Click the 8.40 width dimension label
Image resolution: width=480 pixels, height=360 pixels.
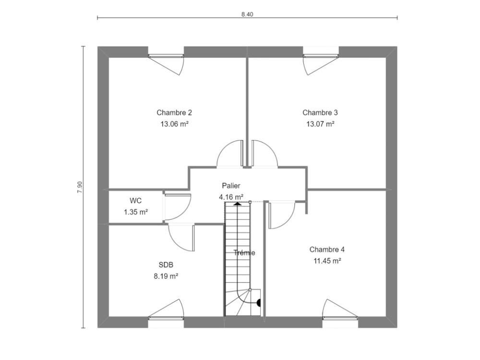point(247,14)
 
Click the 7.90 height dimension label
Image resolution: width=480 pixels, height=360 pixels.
point(80,187)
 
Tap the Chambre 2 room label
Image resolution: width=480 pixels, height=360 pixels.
point(174,113)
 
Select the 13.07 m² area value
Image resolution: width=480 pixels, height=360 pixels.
point(320,124)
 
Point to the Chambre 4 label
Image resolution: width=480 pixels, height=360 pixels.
point(327,250)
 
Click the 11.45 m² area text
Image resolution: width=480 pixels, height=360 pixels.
point(327,261)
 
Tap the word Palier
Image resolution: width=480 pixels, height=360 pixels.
point(231,185)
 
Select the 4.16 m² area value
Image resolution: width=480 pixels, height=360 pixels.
point(231,196)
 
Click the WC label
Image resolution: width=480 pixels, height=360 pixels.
point(135,201)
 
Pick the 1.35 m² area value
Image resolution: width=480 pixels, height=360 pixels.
point(135,212)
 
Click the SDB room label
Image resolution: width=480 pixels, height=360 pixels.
point(166,265)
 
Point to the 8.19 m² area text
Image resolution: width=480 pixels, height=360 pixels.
point(166,276)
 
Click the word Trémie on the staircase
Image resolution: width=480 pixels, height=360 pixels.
point(244,253)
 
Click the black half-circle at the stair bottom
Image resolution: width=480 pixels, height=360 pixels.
point(259,303)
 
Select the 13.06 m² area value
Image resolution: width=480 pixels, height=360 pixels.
point(174,124)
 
